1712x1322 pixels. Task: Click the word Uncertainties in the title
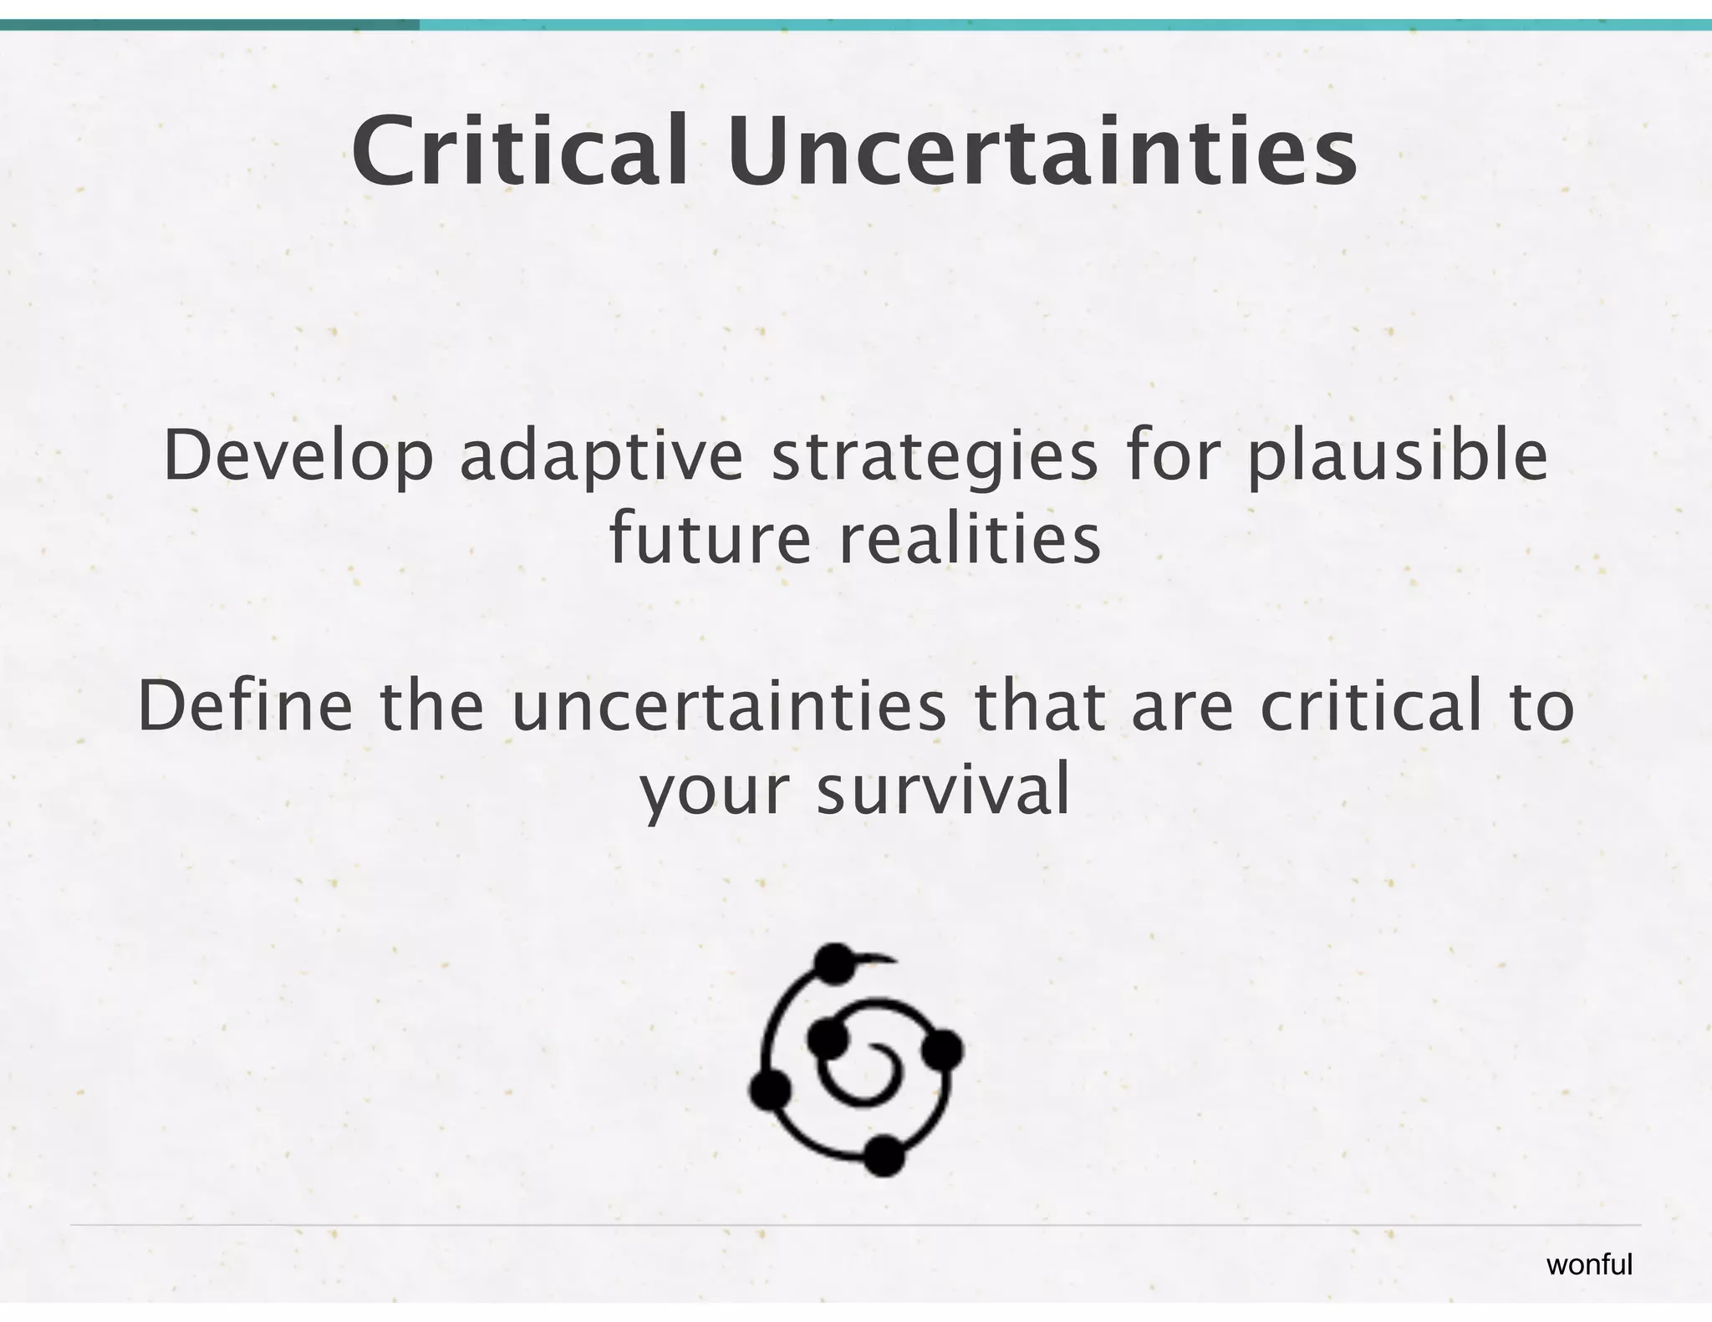[x=1042, y=152]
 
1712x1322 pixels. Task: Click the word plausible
[x=1397, y=455]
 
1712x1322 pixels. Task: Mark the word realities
[x=970, y=539]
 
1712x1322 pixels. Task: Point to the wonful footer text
[x=1589, y=1264]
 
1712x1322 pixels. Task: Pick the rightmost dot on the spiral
[x=943, y=1050]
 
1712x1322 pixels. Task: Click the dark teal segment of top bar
[x=209, y=25]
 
